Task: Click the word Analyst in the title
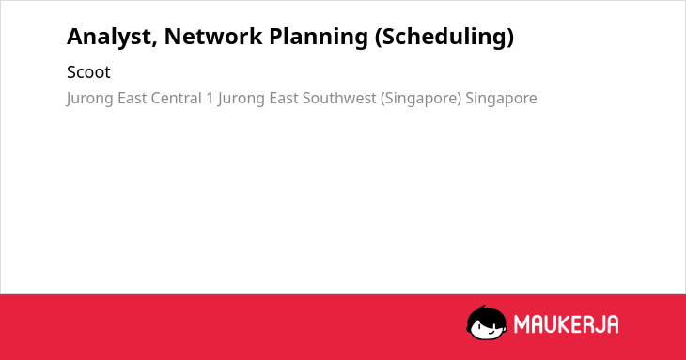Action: pos(112,38)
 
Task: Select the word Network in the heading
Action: pos(213,36)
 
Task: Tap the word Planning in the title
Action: pos(319,38)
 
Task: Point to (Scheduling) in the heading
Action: pos(444,38)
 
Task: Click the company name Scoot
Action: pos(88,72)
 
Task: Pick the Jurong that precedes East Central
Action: pos(89,99)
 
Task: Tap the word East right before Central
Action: pos(133,98)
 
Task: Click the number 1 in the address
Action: pos(210,98)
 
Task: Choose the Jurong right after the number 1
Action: pos(242,99)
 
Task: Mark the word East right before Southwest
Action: pos(284,98)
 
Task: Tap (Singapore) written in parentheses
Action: pos(421,99)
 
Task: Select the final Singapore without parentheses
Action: pos(501,99)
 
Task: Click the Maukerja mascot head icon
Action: pos(487,322)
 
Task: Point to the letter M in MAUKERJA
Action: pos(522,324)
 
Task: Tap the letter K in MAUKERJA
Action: pos(566,324)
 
